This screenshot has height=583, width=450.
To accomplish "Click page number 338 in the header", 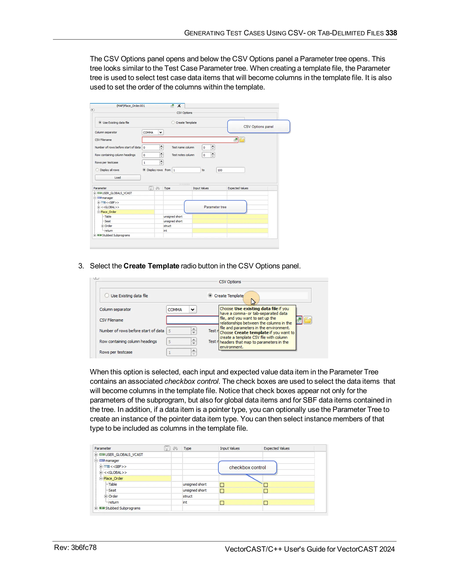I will (x=391, y=33).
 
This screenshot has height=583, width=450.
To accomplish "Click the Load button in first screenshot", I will (x=118, y=178).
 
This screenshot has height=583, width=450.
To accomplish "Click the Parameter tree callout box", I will (x=215, y=207).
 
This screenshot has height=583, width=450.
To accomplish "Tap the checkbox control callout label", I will (x=247, y=467).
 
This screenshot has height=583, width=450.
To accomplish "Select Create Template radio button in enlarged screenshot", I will (x=210, y=295).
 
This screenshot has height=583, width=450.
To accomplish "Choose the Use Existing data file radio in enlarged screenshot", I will (x=107, y=295).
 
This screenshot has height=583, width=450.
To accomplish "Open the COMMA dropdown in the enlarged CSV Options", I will (x=192, y=309).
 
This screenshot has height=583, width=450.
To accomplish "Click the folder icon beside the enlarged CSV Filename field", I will (x=307, y=320).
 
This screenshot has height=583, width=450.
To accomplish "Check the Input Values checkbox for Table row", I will (x=222, y=485).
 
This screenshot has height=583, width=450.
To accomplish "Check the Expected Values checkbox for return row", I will (x=265, y=503).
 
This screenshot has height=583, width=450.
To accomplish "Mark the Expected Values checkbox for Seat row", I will (x=265, y=491).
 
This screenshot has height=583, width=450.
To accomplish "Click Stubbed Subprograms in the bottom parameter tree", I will (x=122, y=508).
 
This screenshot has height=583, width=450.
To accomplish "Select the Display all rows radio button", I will (x=97, y=170).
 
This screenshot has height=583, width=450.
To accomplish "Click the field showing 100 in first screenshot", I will (x=230, y=170).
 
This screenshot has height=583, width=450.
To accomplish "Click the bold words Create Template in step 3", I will (x=151, y=266).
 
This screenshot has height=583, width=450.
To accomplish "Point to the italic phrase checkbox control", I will (x=191, y=381).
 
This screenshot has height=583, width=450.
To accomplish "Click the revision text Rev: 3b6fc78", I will (x=75, y=548).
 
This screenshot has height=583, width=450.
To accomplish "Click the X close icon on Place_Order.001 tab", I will (x=179, y=106).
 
